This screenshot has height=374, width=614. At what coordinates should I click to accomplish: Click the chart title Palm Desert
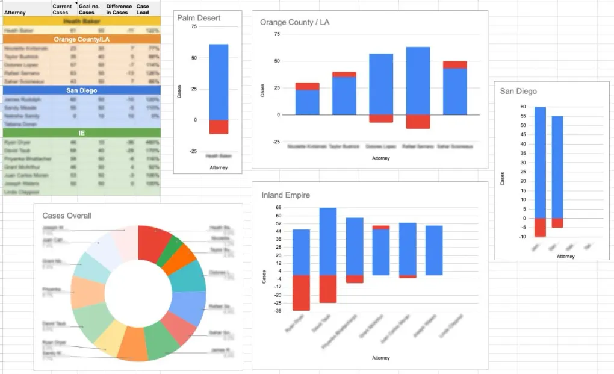[199, 18]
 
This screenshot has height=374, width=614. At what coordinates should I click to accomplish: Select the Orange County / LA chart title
[294, 23]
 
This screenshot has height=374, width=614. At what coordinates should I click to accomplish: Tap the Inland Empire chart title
[287, 195]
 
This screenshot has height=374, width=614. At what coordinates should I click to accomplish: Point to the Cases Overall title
[67, 216]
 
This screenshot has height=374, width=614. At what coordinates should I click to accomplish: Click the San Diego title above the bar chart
[518, 91]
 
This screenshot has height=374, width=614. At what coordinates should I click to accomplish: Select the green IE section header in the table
[81, 132]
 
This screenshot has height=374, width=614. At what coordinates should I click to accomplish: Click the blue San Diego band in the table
[81, 90]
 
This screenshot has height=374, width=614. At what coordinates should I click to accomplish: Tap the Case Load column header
[143, 10]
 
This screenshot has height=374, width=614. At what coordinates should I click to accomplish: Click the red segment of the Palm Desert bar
[219, 126]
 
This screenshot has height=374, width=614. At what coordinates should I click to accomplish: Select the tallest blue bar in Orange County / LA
[418, 81]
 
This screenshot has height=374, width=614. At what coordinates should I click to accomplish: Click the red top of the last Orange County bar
[454, 64]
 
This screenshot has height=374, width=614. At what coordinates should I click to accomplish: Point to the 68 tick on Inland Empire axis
[278, 208]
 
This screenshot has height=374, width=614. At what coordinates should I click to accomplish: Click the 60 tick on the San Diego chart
[523, 107]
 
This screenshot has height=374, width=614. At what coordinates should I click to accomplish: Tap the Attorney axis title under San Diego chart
[565, 256]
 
